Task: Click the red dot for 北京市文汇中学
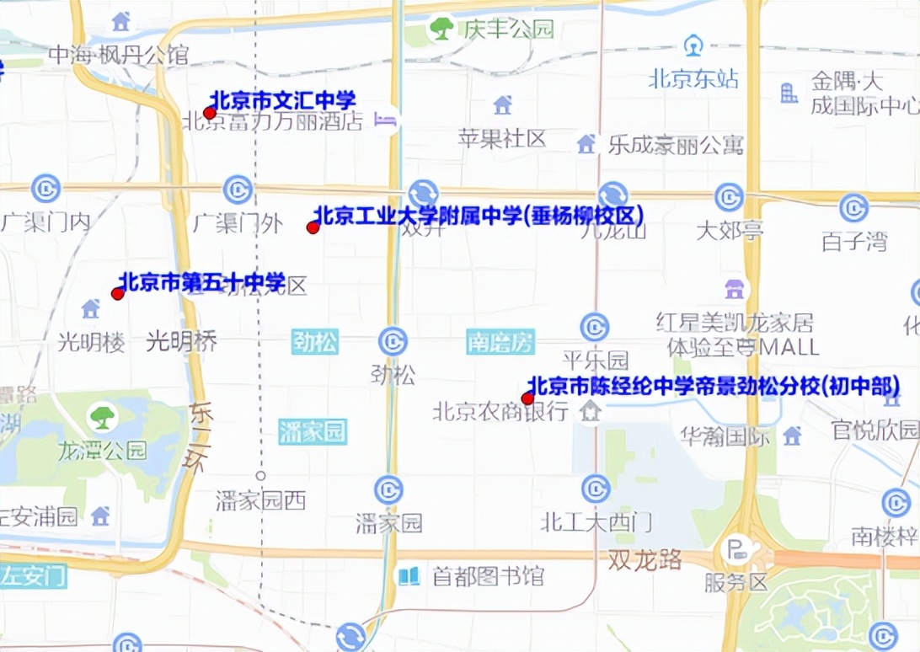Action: pos(210,113)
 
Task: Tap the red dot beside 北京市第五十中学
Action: pos(118,293)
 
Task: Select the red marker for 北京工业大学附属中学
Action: pos(313,227)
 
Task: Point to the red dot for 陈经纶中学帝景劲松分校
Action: pos(528,398)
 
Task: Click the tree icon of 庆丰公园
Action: pos(441,29)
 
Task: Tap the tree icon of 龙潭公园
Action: pos(103,415)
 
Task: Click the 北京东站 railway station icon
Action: pos(693,45)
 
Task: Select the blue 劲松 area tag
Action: pos(315,342)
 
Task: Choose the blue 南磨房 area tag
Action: pos(500,342)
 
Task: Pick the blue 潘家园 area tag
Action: pos(312,432)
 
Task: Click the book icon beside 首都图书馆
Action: pos(409,576)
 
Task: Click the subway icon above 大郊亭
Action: pos(729,197)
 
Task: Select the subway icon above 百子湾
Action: pos(853,207)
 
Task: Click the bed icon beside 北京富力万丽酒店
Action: pos(387,120)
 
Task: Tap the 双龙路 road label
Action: pos(645,560)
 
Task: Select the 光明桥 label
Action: pos(182,341)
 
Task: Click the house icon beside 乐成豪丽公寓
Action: pos(586,144)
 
